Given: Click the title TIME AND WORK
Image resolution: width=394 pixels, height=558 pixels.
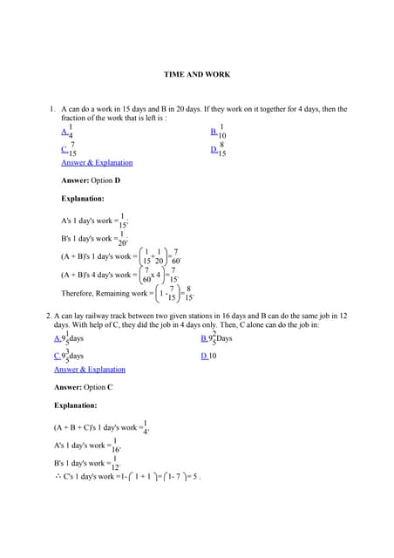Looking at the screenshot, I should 197,75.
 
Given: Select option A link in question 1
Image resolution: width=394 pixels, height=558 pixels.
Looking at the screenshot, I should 65,132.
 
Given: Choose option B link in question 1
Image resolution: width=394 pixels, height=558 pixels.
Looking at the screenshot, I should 214,132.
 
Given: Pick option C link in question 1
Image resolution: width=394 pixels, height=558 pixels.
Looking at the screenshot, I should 65,149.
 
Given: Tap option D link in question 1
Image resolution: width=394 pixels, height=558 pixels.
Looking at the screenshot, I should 214,149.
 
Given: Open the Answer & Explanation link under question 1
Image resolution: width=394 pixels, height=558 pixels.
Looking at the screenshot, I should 97,163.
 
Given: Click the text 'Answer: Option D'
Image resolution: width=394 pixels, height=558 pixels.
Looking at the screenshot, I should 91,180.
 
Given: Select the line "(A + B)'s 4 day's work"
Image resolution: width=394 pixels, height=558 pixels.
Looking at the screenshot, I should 99,275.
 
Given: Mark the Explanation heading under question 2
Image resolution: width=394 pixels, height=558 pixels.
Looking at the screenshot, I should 82,405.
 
